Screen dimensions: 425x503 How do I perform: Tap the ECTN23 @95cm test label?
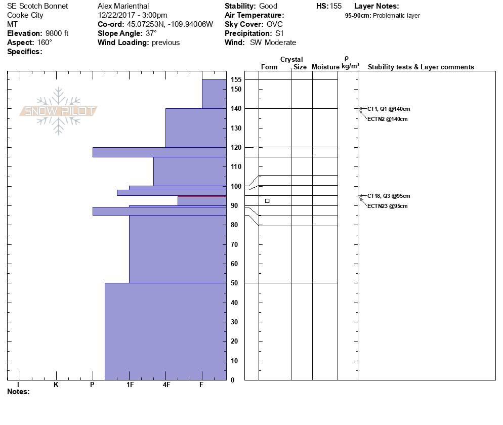pyautogui.click(x=387, y=206)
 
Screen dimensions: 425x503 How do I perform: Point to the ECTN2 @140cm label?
pyautogui.click(x=387, y=119)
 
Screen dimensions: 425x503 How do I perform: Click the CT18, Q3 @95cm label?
pyautogui.click(x=389, y=196)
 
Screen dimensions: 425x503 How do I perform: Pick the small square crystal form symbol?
pyautogui.click(x=267, y=201)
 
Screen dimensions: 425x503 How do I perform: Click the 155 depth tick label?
pyautogui.click(x=236, y=80)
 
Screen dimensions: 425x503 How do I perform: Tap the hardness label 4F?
pyautogui.click(x=166, y=385)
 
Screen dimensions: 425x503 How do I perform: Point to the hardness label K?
pyautogui.click(x=56, y=385)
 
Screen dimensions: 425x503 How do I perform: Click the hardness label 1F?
pyautogui.click(x=130, y=385)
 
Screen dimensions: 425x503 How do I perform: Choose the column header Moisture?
pyautogui.click(x=325, y=67)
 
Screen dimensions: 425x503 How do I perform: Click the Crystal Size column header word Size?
pyautogui.click(x=300, y=67)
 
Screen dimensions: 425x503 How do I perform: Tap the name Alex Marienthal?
pyautogui.click(x=123, y=6)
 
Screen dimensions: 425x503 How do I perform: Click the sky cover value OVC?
pyautogui.click(x=275, y=24)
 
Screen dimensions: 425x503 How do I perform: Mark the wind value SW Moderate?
pyautogui.click(x=273, y=42)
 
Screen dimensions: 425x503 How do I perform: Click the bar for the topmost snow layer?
pyautogui.click(x=214, y=94)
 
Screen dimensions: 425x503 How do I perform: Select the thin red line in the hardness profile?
pyautogui.click(x=202, y=196)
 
